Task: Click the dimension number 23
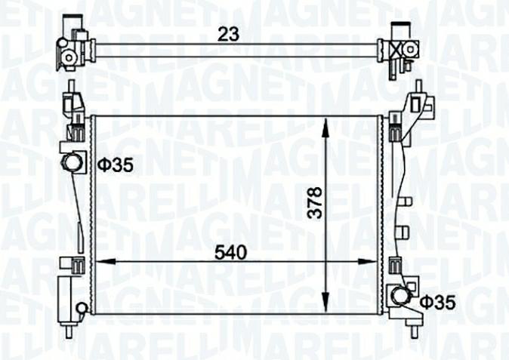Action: pyautogui.click(x=227, y=33)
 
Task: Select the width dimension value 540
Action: pyautogui.click(x=231, y=253)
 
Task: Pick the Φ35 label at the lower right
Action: pyautogui.click(x=437, y=303)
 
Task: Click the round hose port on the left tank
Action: pyautogui.click(x=72, y=162)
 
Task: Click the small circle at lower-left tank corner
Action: pyautogui.click(x=82, y=306)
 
